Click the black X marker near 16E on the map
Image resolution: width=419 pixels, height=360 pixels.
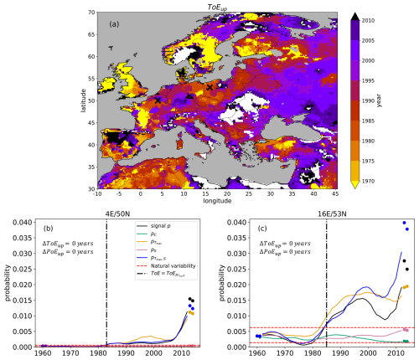coord(209,87)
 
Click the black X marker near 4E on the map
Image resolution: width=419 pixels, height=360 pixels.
coord(157,101)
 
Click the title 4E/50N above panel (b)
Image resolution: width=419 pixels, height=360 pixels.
coord(116,213)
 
